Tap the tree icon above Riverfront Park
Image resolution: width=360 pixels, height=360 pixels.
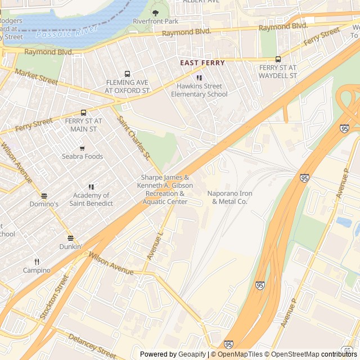point(155,12)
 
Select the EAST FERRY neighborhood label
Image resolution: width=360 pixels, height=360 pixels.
point(202,63)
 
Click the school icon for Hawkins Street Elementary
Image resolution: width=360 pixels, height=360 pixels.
point(199,78)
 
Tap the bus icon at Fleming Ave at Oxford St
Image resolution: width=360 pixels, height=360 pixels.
point(128,74)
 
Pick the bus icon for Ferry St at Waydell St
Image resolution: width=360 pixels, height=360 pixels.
point(278,59)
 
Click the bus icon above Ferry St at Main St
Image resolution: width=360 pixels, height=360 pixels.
point(83,112)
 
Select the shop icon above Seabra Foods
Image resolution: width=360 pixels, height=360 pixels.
point(82,148)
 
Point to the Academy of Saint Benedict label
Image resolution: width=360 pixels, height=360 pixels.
point(91,200)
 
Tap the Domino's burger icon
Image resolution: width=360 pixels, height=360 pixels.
point(44,195)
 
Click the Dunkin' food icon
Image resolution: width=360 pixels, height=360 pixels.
point(70,238)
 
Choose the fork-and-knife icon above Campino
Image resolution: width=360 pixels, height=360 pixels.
point(37,262)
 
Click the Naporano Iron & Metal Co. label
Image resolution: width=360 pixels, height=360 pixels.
point(230,197)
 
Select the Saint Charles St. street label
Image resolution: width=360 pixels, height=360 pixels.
point(133,137)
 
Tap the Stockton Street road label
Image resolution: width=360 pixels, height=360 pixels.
point(54,297)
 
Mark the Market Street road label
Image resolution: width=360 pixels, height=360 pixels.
point(37,77)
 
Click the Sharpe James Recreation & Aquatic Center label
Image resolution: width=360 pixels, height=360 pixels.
point(166,189)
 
